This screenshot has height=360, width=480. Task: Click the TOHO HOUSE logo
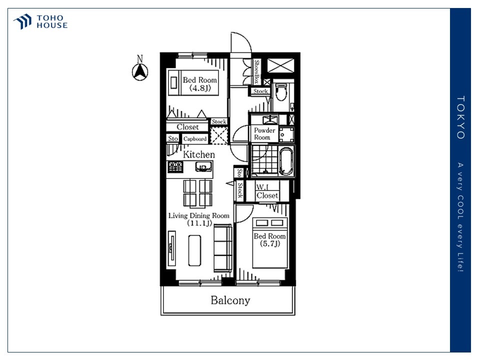(40, 21)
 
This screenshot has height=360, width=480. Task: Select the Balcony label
(230, 300)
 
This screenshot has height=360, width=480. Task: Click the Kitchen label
(198, 154)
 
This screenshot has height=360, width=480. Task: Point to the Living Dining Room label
(199, 219)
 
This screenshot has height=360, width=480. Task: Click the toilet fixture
(280, 91)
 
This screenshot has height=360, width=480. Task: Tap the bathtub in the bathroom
(286, 161)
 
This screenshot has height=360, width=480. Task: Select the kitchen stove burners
(175, 167)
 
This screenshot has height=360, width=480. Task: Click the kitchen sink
(203, 167)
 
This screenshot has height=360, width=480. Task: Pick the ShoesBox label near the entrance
(256, 71)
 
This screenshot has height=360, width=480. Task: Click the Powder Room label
(264, 134)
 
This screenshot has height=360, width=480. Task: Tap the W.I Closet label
(267, 191)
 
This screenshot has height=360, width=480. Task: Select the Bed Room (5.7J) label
(269, 239)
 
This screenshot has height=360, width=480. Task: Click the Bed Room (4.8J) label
(200, 84)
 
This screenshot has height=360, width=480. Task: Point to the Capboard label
(194, 138)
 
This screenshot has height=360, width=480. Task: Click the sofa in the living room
(223, 248)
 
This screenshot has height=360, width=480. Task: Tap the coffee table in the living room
(194, 250)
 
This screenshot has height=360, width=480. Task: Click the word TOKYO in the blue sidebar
(460, 117)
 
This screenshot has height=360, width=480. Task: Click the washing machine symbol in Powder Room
(286, 134)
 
